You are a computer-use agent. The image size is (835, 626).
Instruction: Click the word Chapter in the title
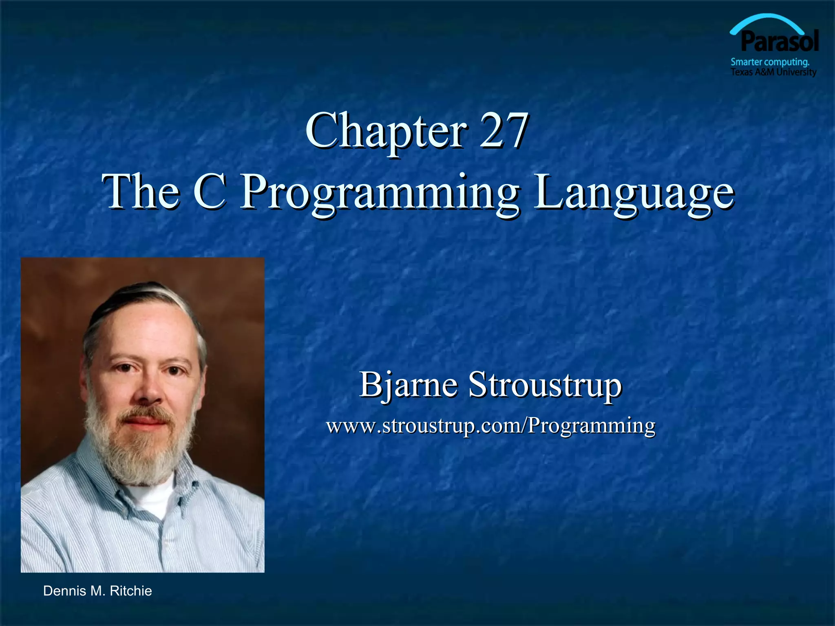(385, 131)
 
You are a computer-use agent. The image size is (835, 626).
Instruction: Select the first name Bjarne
(408, 385)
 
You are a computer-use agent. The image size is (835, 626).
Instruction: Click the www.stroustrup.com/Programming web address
(490, 425)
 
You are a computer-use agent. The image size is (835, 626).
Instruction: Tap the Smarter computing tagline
(770, 62)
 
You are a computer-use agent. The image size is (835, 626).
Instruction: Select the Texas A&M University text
(773, 72)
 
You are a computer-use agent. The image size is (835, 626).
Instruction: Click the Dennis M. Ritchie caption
(97, 591)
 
